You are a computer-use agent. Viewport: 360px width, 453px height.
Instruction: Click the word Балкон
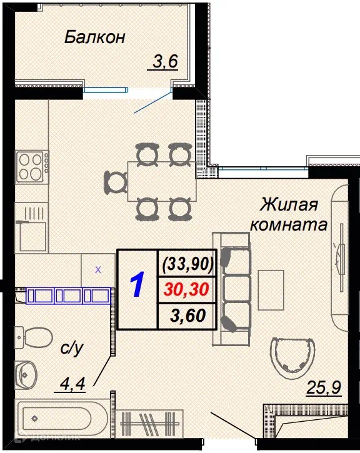click(x=95, y=37)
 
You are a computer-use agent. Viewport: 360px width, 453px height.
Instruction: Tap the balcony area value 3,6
click(x=165, y=61)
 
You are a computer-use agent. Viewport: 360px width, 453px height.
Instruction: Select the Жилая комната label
click(x=289, y=214)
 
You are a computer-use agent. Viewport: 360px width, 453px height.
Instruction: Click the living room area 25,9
click(x=323, y=389)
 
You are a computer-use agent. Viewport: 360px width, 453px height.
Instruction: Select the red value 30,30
click(x=188, y=289)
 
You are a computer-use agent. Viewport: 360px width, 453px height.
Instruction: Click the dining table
click(x=161, y=181)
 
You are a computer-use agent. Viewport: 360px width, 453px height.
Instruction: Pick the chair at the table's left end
click(x=115, y=181)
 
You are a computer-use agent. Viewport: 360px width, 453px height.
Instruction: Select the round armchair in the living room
click(x=292, y=356)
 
